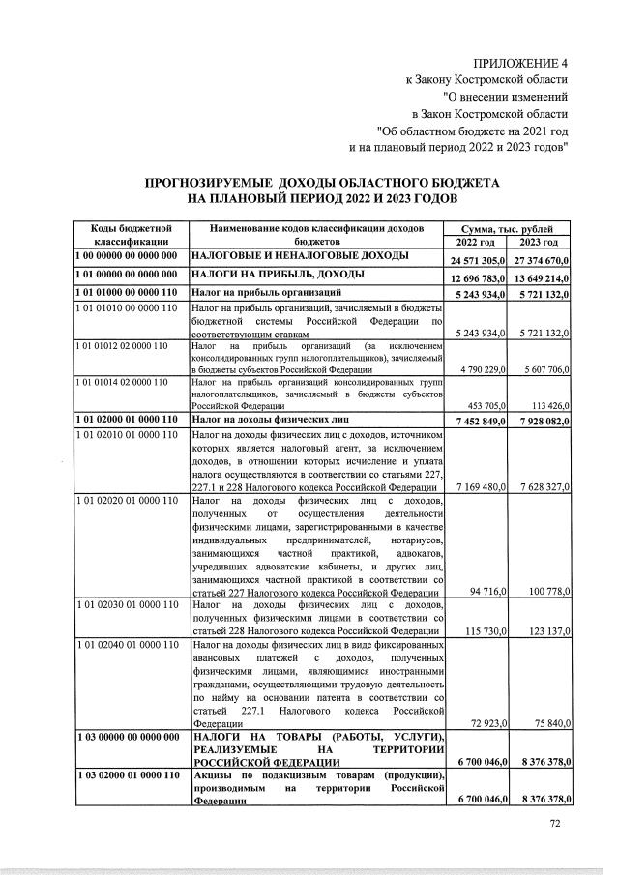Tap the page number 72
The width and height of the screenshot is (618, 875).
555,824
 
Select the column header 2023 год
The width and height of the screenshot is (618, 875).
539,242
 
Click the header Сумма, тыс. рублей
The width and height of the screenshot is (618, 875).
507,228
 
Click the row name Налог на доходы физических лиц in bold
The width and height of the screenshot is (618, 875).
270,420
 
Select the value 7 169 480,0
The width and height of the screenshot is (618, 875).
477,486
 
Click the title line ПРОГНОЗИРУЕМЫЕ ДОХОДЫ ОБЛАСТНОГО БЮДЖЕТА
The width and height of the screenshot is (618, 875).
321,182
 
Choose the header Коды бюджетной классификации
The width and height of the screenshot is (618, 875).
132,235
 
